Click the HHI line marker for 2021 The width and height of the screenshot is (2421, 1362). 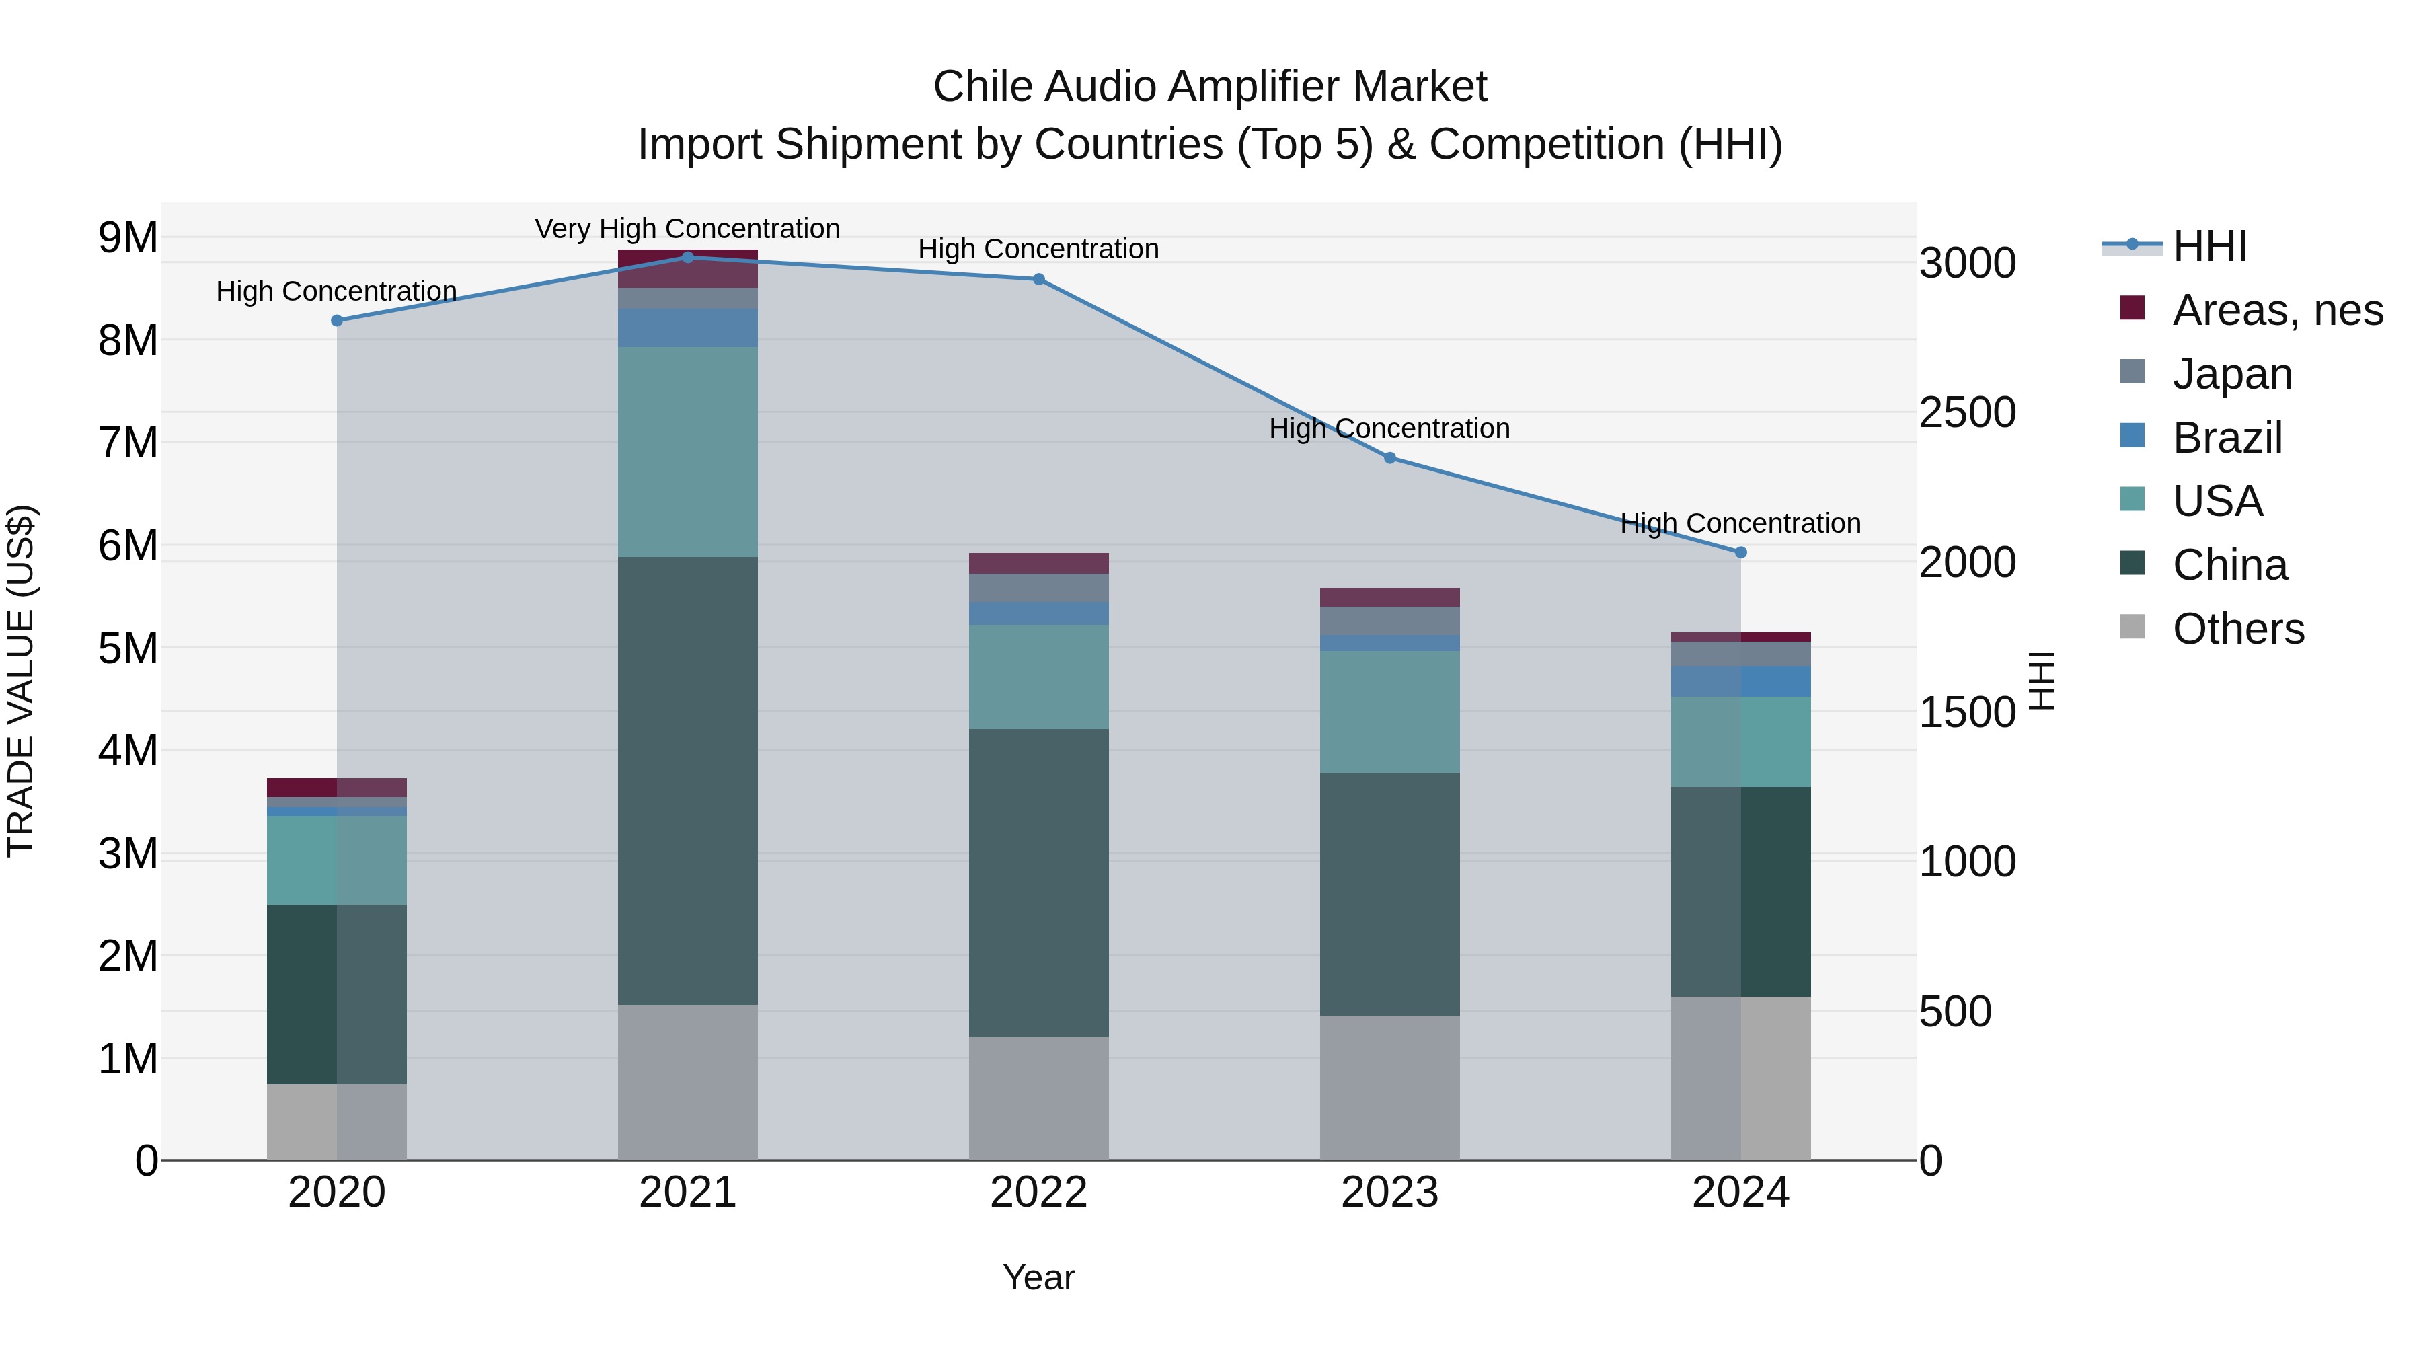point(687,258)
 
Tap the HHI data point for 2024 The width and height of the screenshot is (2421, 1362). point(1740,553)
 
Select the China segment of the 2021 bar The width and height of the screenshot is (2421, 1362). point(687,780)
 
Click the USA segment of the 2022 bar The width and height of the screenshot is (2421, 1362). point(1038,677)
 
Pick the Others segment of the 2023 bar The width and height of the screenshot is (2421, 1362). point(1389,1088)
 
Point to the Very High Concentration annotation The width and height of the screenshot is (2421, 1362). point(687,229)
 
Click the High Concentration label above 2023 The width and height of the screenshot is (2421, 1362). point(1389,428)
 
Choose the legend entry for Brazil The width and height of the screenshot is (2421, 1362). point(2227,438)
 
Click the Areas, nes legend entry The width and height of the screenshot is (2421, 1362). point(2276,310)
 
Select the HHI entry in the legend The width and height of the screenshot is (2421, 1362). point(2208,246)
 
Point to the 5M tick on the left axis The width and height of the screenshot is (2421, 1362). point(128,648)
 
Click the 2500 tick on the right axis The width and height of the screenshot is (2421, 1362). point(1967,413)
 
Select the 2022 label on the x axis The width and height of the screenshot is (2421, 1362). point(1038,1193)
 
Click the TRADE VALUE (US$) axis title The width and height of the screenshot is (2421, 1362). point(21,681)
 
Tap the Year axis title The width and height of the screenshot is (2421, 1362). point(1038,1277)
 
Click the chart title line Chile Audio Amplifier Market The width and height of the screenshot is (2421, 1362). point(1210,87)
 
